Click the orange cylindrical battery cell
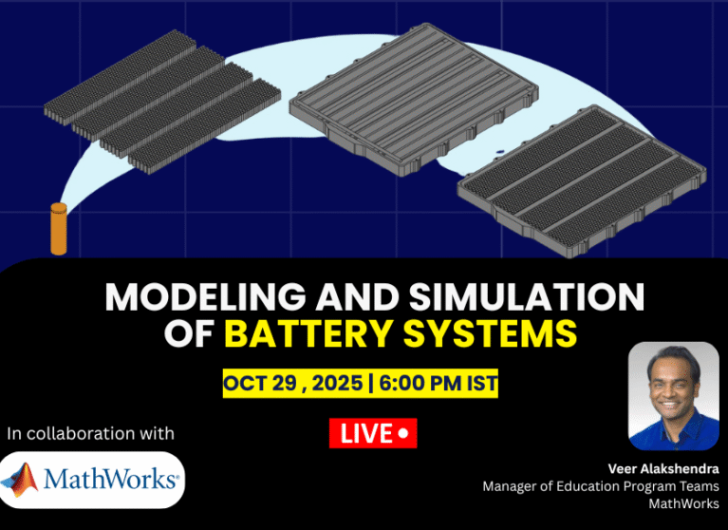pyautogui.click(x=59, y=229)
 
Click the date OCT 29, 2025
pyautogui.click(x=295, y=384)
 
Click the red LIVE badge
pyautogui.click(x=373, y=434)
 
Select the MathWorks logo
pyautogui.click(x=93, y=479)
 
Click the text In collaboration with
pyautogui.click(x=90, y=433)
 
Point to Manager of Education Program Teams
pyautogui.click(x=600, y=485)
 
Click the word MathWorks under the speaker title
pyautogui.click(x=683, y=503)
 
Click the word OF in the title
pyautogui.click(x=190, y=334)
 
